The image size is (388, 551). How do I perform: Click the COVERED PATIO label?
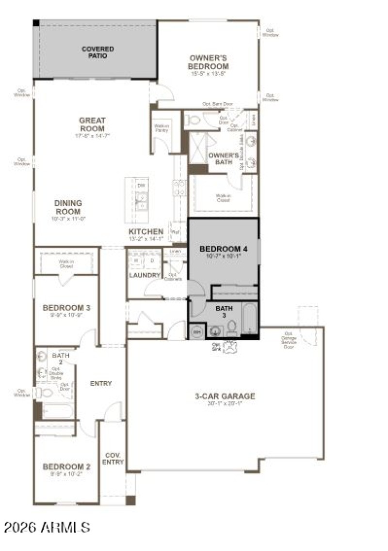97,52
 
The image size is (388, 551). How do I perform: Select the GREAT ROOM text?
92,125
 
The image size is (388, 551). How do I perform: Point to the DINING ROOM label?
68,207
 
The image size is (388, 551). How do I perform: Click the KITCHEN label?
146,232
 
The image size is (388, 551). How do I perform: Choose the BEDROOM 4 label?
224,249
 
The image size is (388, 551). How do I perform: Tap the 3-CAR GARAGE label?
225,396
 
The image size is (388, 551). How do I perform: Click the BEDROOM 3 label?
66,308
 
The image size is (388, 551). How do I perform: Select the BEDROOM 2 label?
66,467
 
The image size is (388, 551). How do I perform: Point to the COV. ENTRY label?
113,459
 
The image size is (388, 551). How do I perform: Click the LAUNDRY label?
145,275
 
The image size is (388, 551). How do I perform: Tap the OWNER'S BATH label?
224,158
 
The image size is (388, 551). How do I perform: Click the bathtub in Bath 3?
249,318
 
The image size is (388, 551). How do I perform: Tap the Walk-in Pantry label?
161,128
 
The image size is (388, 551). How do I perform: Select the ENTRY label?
101,383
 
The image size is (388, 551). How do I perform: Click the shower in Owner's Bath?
197,148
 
